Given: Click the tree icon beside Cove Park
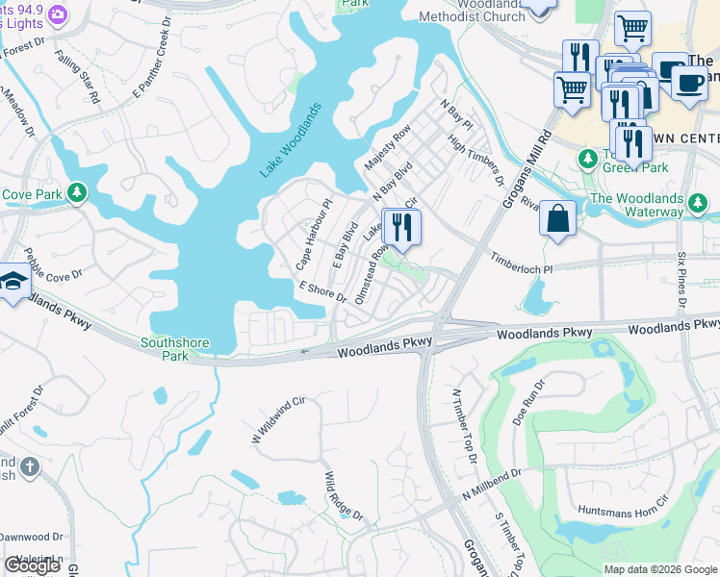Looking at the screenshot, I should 76,194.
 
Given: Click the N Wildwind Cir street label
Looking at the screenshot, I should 278,419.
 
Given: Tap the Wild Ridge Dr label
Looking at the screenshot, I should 344,496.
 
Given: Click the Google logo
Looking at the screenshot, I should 33,565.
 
